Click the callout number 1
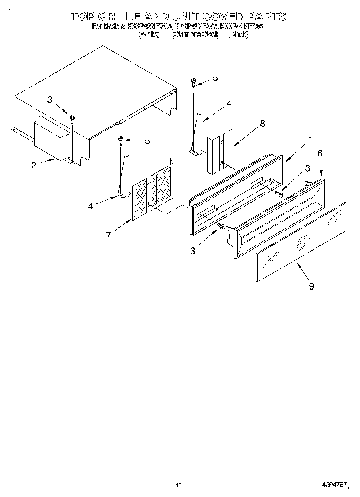[310, 140]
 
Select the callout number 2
[34, 165]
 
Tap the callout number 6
[320, 153]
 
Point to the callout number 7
[108, 235]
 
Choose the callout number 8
[262, 124]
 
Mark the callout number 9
[311, 286]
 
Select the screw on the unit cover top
[72, 118]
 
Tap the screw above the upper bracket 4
[193, 82]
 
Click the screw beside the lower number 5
[120, 140]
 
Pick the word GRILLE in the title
[120, 16]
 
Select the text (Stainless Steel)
[195, 35]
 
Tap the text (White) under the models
[149, 35]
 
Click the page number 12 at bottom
[179, 485]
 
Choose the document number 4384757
[334, 485]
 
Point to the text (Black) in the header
[238, 35]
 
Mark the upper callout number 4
[228, 104]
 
